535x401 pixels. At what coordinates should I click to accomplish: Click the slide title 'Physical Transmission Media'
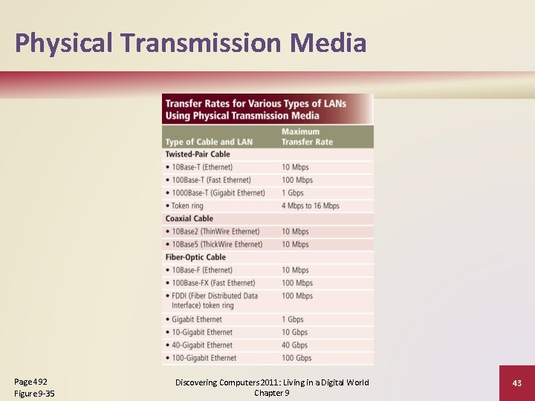190,43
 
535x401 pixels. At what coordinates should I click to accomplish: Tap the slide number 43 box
516,382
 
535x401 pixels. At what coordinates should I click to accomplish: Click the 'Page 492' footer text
30,381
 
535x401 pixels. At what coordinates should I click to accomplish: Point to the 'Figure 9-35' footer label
34,394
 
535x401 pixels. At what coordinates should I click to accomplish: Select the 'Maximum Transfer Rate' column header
307,137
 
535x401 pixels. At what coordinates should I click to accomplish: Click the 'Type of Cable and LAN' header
209,142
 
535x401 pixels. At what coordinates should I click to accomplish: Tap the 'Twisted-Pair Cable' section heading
198,154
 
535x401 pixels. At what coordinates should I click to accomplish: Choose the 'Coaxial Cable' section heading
189,218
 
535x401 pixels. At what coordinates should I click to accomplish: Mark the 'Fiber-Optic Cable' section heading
195,257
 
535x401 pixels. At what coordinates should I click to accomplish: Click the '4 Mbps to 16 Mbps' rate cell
310,206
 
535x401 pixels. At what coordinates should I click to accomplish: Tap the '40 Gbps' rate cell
294,345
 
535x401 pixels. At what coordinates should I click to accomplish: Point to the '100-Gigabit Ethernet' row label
204,358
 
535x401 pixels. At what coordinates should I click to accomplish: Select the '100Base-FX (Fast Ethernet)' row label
213,283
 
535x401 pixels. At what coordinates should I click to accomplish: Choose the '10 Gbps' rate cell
294,333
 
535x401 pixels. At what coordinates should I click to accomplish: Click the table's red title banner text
255,109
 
